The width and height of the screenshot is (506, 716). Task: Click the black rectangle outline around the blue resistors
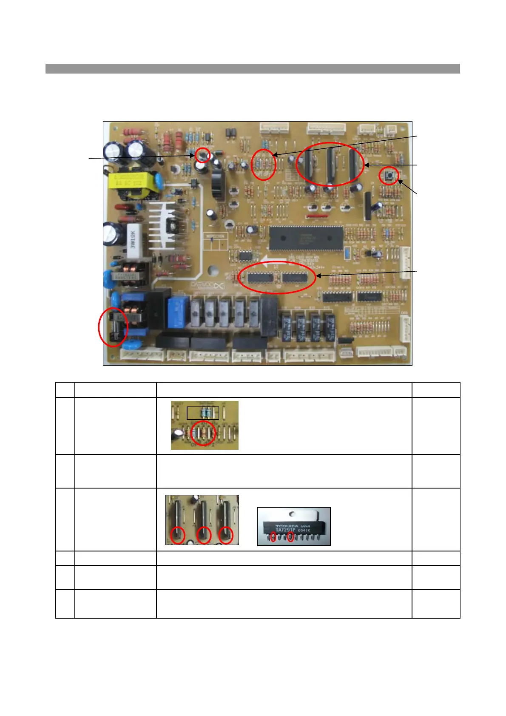pos(203,413)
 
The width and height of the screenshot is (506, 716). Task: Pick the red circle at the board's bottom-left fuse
pos(113,327)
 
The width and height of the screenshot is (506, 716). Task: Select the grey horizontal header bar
pos(253,68)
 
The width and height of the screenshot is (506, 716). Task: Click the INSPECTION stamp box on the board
pos(215,243)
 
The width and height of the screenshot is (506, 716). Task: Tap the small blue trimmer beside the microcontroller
pos(347,253)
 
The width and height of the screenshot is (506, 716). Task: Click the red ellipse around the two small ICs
pos(277,277)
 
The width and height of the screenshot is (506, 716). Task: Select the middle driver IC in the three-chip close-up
pos(203,519)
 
